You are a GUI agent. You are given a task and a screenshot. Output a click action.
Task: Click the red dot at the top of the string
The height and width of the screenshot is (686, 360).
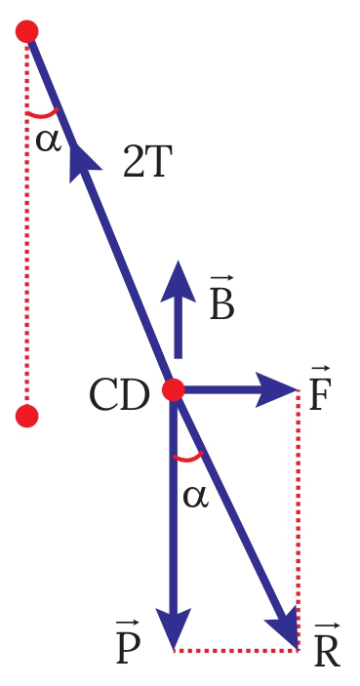point(27,32)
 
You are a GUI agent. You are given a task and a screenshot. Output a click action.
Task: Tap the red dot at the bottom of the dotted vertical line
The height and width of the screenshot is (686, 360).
point(27,417)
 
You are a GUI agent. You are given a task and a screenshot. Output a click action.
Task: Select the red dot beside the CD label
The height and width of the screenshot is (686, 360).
point(174,390)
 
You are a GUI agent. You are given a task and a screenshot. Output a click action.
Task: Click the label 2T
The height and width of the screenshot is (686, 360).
point(148,164)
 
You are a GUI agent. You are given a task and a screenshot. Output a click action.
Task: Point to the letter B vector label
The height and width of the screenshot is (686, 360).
point(222,300)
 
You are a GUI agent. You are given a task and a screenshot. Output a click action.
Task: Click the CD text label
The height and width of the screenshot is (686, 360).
point(119,395)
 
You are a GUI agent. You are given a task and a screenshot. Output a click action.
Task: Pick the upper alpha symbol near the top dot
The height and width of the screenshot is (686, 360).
point(48,140)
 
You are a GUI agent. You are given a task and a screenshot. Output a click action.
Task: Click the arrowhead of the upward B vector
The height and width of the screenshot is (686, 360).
point(178,281)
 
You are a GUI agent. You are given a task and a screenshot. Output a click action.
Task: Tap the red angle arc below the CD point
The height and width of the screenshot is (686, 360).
point(188,458)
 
